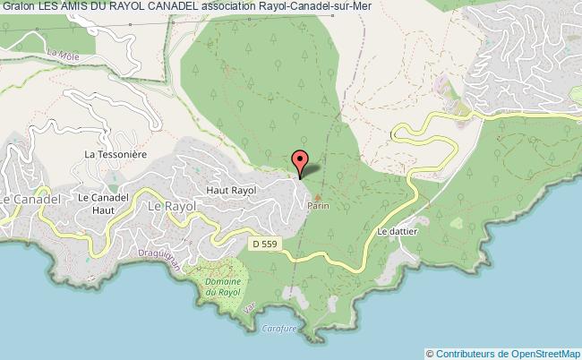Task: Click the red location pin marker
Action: pyautogui.click(x=302, y=163)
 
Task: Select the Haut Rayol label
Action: pyautogui.click(x=231, y=191)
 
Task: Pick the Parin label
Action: pyautogui.click(x=318, y=206)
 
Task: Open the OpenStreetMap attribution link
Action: pyautogui.click(x=536, y=353)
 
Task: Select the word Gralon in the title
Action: pyautogui.click(x=18, y=8)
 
